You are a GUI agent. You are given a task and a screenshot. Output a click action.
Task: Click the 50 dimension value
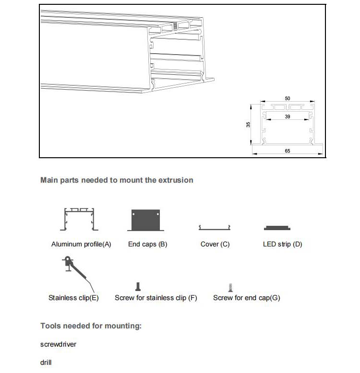pyautogui.click(x=287, y=98)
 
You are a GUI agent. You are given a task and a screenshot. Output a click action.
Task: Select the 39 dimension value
pyautogui.click(x=287, y=117)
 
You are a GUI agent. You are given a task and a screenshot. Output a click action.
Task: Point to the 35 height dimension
pyautogui.click(x=248, y=125)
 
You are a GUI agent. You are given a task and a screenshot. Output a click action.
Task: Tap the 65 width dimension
pyautogui.click(x=287, y=151)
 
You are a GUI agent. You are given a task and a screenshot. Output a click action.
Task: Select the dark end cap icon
pyautogui.click(x=145, y=220)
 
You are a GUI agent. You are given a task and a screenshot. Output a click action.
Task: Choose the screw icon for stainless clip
pyautogui.click(x=139, y=287)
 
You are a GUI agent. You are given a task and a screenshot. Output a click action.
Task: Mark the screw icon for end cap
pyautogui.click(x=231, y=287)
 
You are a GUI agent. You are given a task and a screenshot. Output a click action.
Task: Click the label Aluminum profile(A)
pyautogui.click(x=81, y=244)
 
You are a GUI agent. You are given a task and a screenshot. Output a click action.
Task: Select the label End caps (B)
pyautogui.click(x=147, y=244)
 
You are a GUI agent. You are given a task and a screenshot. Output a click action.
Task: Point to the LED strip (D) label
pyautogui.click(x=282, y=244)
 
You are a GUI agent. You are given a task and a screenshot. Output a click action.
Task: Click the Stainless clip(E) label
pyautogui.click(x=73, y=298)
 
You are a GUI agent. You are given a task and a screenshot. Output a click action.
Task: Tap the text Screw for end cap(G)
pyautogui.click(x=246, y=298)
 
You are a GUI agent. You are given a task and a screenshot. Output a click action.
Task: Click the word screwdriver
pyautogui.click(x=58, y=344)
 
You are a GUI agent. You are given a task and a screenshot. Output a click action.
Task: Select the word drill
pyautogui.click(x=46, y=362)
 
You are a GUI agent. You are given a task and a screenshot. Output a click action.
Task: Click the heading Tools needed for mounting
pyautogui.click(x=91, y=326)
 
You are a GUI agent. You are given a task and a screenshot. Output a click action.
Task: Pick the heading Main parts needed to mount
pyautogui.click(x=117, y=180)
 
